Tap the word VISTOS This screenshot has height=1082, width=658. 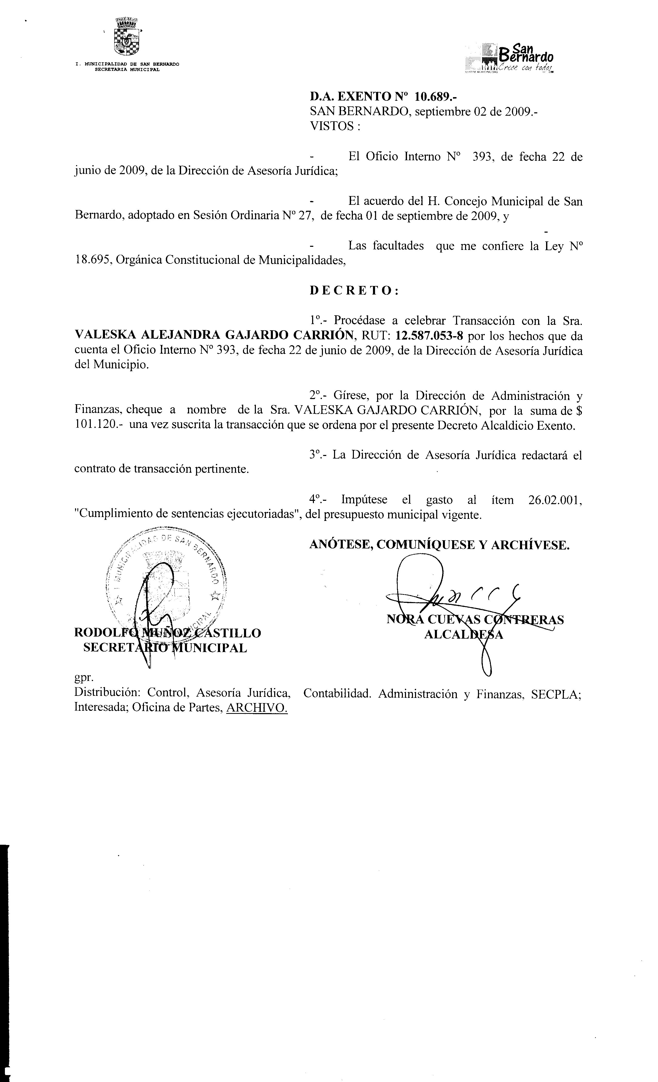(x=332, y=126)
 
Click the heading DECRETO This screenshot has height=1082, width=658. (x=354, y=291)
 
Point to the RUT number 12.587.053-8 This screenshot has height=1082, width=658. (x=429, y=336)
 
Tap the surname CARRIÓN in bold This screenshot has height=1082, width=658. (x=323, y=336)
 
